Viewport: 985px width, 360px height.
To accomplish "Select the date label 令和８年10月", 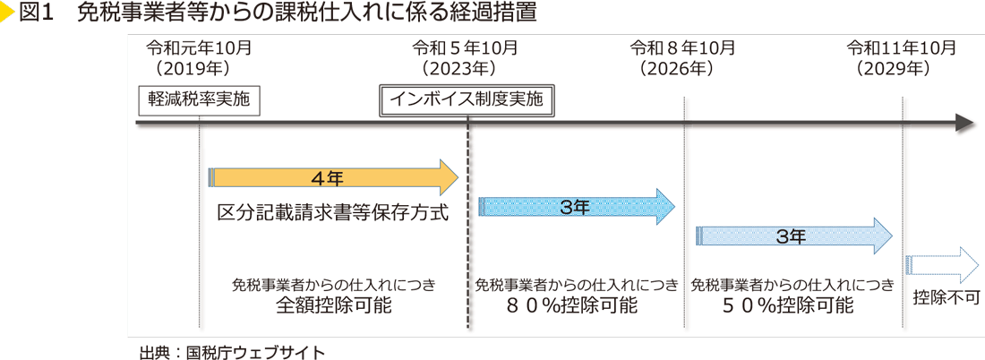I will coord(683,47).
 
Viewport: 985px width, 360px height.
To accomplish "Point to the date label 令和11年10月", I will coord(902,47).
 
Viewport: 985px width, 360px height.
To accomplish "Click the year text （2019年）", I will coord(193,67).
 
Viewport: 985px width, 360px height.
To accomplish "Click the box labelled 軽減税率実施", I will coord(199,100).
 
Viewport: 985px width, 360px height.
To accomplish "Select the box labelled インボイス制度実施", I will coord(467,100).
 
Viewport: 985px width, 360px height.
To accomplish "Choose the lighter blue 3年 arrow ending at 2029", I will coord(793,236).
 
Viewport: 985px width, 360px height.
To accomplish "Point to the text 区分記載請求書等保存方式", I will coord(332,214).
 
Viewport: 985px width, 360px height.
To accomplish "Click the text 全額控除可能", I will coord(333,305).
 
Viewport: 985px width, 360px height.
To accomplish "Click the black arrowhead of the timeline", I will coord(964,124).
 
